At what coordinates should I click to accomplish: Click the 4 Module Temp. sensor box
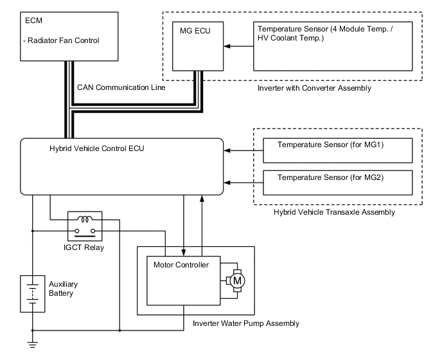(333, 47)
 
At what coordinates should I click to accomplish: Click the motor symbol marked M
(236, 280)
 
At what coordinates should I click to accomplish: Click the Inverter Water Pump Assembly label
(246, 323)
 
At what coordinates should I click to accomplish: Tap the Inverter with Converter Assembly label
(314, 88)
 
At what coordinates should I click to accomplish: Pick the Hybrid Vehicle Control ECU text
(96, 148)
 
